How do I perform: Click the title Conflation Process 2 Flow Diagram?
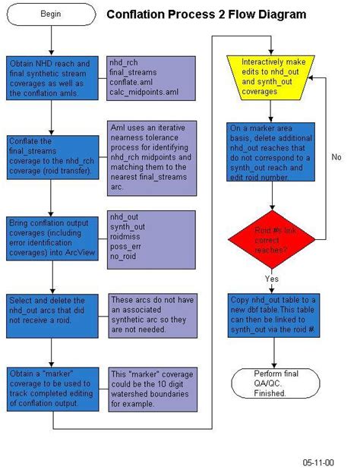pos(207,14)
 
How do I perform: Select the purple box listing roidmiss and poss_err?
pos(152,236)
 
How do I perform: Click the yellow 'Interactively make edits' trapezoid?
pos(272,76)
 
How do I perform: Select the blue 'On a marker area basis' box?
pos(272,152)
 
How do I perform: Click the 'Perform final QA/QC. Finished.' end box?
pos(272,384)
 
